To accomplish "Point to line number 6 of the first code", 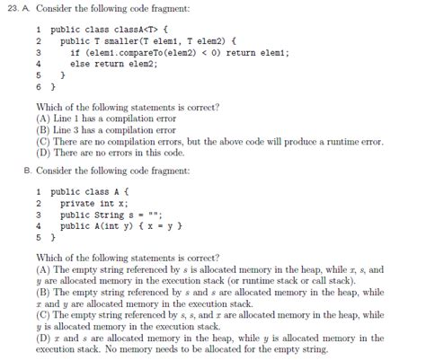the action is click(39, 87).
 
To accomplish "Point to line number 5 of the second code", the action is click(39, 237).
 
